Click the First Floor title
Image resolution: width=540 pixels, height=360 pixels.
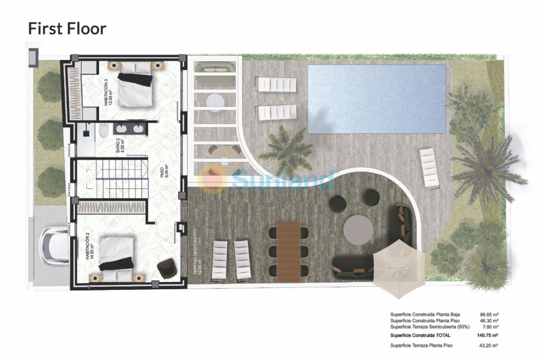(67, 28)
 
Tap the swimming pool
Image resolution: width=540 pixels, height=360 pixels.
(377, 99)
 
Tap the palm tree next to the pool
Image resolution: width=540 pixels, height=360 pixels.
(286, 151)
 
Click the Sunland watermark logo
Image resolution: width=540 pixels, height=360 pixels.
(267, 179)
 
